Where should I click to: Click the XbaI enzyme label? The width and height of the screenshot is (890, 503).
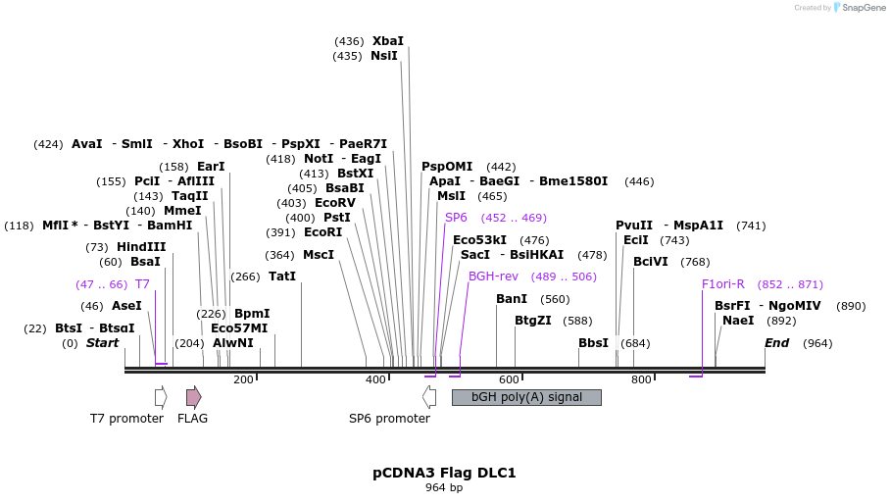tap(387, 41)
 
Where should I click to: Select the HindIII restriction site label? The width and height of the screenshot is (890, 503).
tap(141, 247)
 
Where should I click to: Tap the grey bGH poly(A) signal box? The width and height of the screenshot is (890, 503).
tap(526, 397)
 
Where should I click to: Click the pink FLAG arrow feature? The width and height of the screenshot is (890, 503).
tap(194, 397)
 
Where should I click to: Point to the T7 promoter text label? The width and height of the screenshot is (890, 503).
tap(126, 419)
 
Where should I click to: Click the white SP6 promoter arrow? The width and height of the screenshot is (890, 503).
tap(429, 397)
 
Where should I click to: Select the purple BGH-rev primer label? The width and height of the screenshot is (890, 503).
tap(493, 277)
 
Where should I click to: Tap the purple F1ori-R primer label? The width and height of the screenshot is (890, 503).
tap(722, 284)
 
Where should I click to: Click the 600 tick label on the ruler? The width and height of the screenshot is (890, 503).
tap(508, 380)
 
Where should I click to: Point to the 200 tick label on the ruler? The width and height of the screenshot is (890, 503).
tap(243, 380)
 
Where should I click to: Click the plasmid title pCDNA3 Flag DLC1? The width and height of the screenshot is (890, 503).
tap(444, 473)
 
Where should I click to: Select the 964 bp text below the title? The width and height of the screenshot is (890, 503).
tap(444, 488)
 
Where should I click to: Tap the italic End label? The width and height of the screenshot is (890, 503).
tap(776, 343)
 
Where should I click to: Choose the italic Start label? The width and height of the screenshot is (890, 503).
tap(102, 343)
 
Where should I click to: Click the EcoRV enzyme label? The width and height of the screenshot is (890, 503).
tap(335, 203)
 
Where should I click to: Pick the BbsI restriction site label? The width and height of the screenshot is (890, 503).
tap(593, 343)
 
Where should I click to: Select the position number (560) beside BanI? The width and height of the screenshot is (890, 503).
tap(555, 299)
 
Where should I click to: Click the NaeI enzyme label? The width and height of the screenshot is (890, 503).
tap(738, 321)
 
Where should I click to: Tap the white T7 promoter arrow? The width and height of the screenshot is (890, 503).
tap(161, 397)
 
